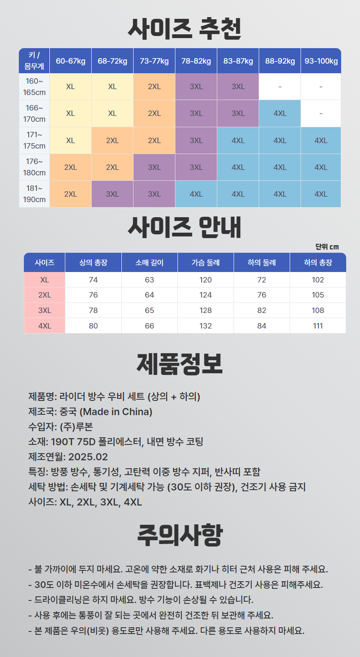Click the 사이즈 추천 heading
point(184,29)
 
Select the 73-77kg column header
point(154,61)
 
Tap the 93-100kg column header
point(321,61)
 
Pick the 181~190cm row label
point(34,194)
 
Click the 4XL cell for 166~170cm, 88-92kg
point(280,113)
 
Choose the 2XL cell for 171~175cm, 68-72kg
point(112,141)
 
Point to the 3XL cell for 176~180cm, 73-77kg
point(154,167)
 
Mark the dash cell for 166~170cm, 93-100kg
point(321,113)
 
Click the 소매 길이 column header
point(149,262)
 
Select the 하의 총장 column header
point(318,262)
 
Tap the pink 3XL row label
point(45,311)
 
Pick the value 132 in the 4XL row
point(206,326)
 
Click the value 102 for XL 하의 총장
point(318,280)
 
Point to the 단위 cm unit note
point(327,246)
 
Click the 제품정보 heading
point(180,364)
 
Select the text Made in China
point(116,411)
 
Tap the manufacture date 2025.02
point(88,457)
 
